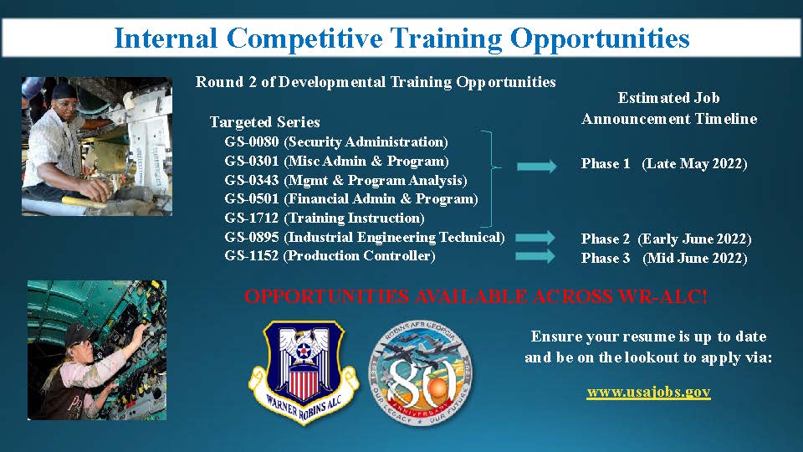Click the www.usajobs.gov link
(x=648, y=393)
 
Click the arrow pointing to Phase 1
(x=537, y=166)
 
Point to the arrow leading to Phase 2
(x=535, y=237)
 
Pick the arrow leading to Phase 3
(x=535, y=256)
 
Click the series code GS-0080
(x=252, y=142)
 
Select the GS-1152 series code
(x=252, y=256)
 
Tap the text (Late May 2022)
(x=694, y=164)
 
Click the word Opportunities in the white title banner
(x=600, y=39)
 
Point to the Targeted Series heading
(x=265, y=122)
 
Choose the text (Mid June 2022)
(x=694, y=259)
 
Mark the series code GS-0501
(x=252, y=199)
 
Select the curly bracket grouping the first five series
(x=491, y=179)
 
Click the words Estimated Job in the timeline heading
(x=669, y=98)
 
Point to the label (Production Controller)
(x=359, y=256)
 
